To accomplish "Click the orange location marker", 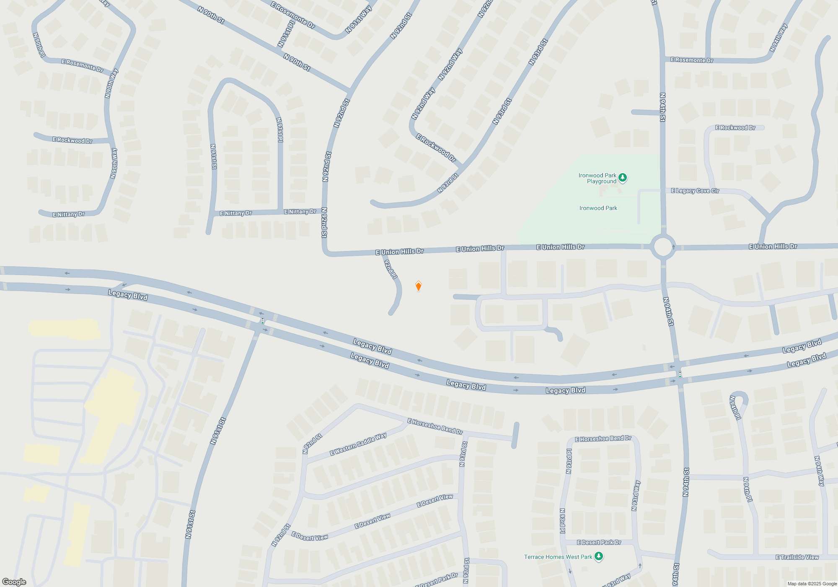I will tap(418, 286).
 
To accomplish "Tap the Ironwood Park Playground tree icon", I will tap(623, 178).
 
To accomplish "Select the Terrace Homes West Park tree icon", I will tap(599, 556).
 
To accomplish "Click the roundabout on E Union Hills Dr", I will tap(663, 247).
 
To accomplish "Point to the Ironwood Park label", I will tap(598, 208).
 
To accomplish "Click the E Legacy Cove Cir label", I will tap(695, 191).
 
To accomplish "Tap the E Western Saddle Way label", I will tap(358, 444).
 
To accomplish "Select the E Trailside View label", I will tap(797, 557).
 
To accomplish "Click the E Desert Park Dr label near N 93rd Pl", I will tap(599, 543).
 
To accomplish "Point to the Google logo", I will tap(14, 582).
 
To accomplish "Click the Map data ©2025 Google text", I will tap(812, 584).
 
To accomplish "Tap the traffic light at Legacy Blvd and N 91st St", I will tap(263, 321).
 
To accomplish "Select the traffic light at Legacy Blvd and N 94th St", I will tap(680, 374).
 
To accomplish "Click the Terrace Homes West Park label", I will tap(558, 557).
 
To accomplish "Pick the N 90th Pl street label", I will tap(39, 45).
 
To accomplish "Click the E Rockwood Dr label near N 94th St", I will tap(735, 127).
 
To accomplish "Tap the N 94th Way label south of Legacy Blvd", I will tap(819, 471).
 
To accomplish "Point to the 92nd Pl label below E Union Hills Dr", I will tap(391, 269).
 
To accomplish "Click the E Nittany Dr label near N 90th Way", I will tap(69, 214).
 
